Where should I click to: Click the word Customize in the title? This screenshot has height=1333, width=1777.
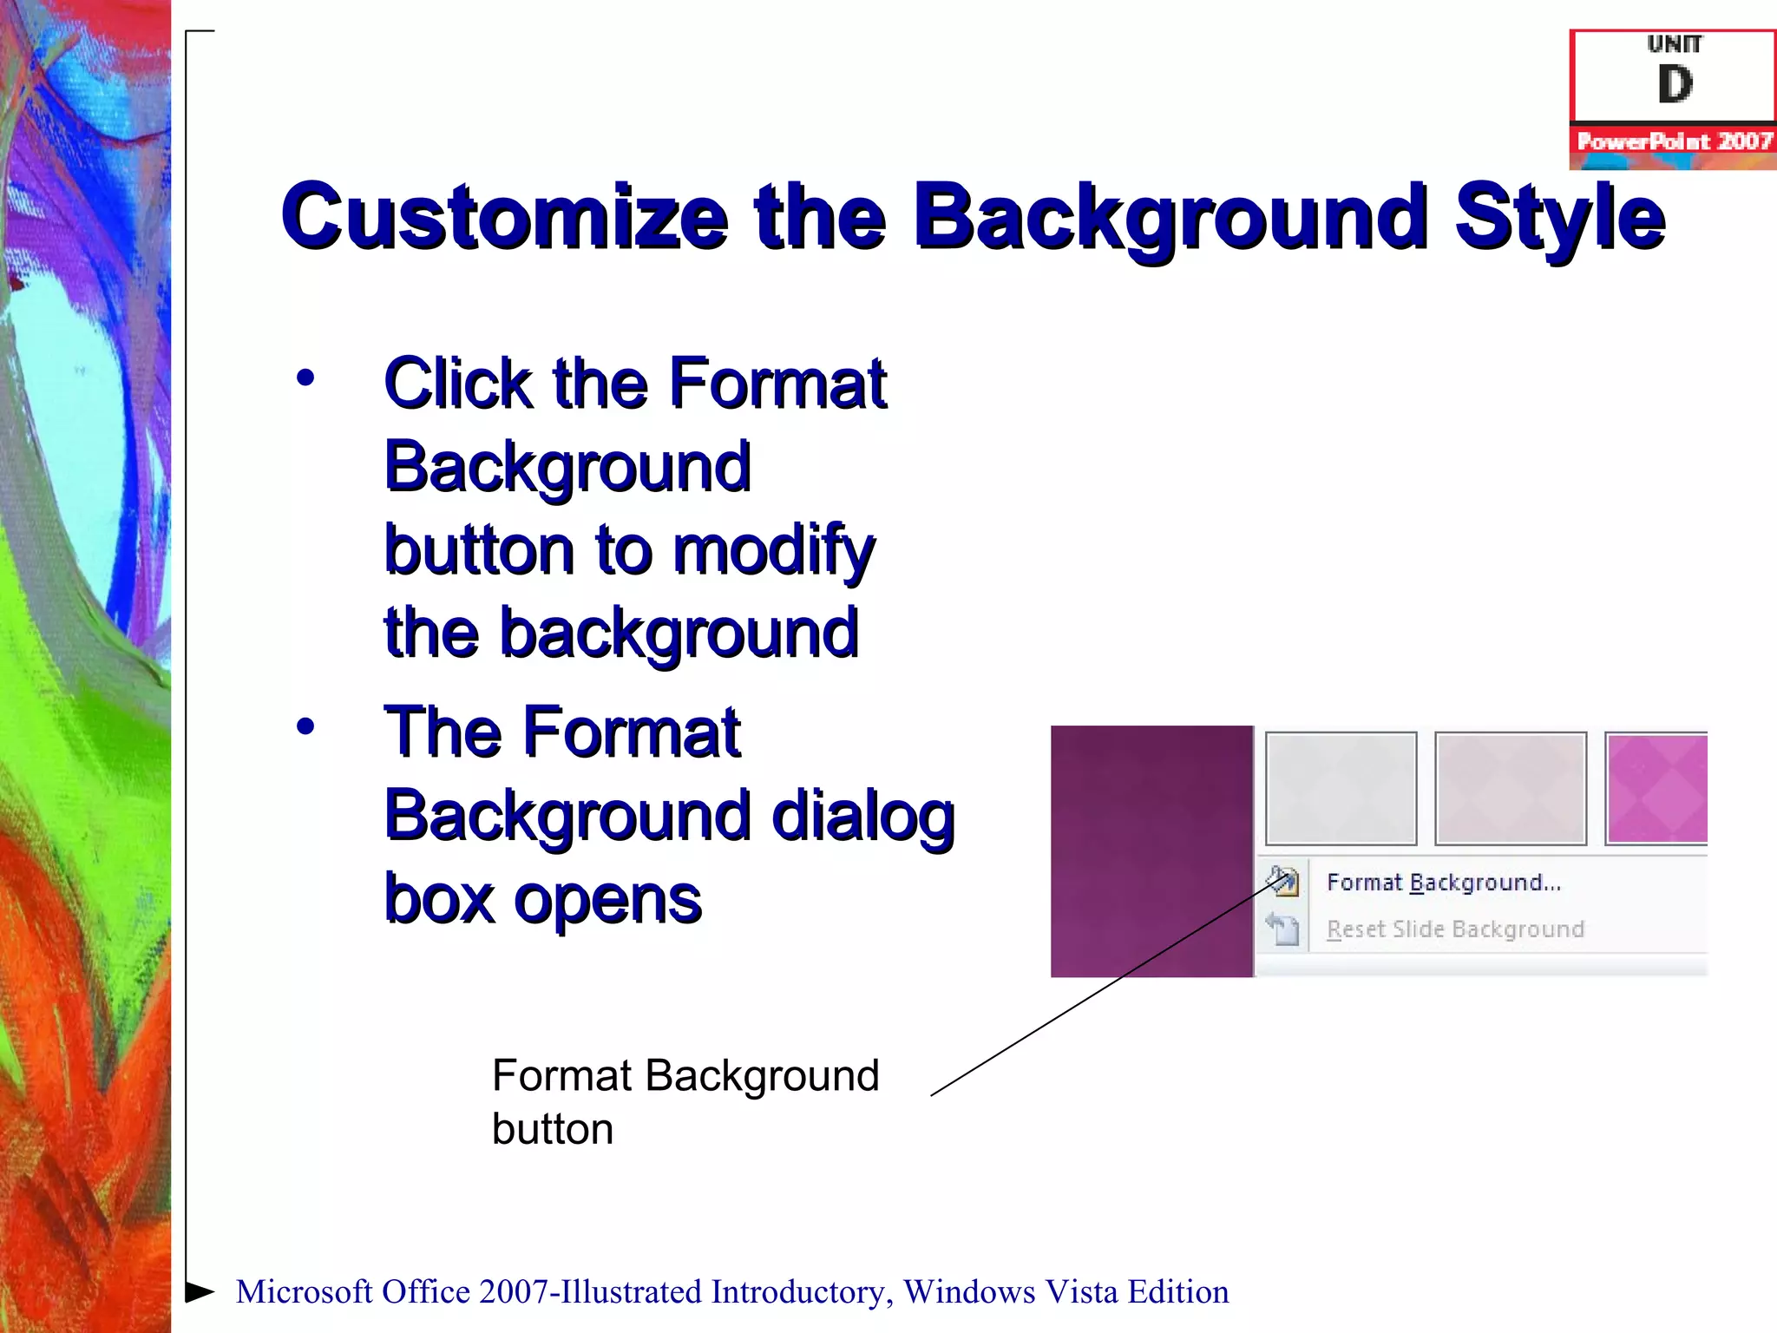[503, 217]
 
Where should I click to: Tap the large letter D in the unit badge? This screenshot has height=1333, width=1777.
[1674, 85]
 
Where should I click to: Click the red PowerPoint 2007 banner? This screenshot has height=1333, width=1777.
[1674, 141]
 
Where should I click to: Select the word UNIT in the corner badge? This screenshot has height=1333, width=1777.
[1674, 44]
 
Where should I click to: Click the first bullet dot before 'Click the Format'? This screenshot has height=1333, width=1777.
[305, 378]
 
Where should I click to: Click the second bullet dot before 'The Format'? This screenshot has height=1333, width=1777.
[305, 726]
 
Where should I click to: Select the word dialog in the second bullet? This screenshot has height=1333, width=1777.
[862, 817]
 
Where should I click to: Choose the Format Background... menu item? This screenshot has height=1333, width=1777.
[1443, 883]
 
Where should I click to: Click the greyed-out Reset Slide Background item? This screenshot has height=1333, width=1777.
[1455, 929]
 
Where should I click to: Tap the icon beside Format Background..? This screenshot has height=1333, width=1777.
[1282, 881]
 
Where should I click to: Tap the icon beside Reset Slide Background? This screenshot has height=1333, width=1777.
[1282, 929]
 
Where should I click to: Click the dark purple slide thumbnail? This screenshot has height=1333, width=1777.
[1151, 851]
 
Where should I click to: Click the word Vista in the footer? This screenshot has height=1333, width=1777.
[1080, 1292]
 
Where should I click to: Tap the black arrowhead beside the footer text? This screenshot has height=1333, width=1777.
[200, 1291]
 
